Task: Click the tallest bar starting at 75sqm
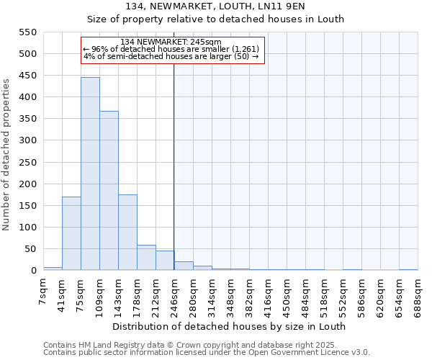tap(90, 174)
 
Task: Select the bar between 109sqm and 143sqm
tap(109, 191)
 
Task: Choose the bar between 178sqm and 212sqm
tap(146, 258)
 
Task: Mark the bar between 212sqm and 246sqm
tap(165, 261)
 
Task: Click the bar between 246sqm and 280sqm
tap(184, 266)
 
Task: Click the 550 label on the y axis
tap(27, 32)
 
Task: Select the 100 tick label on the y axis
tap(27, 228)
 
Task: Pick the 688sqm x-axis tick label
tap(418, 294)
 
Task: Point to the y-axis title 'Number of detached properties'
tap(7, 155)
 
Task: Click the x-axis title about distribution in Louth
tap(229, 326)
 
